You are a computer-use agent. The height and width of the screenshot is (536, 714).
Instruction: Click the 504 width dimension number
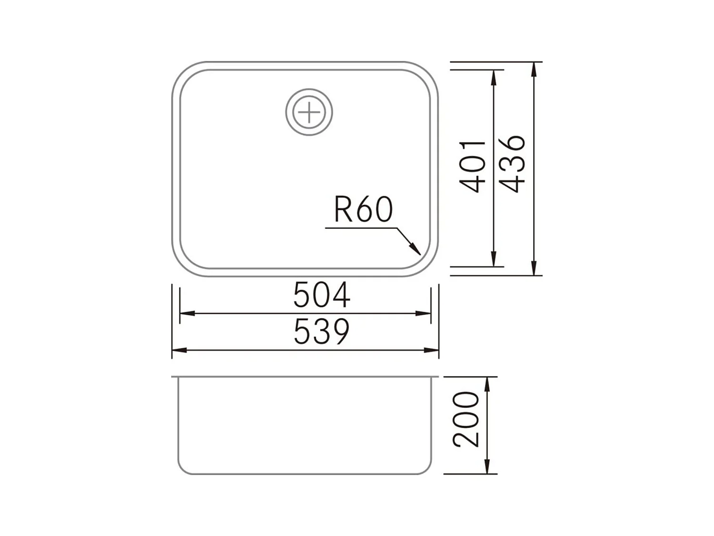click(x=322, y=295)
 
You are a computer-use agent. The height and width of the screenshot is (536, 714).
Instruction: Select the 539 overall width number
click(x=322, y=332)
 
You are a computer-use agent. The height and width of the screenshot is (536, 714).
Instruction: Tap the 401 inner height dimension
click(x=472, y=166)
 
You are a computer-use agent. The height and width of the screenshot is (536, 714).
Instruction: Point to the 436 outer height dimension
click(x=513, y=164)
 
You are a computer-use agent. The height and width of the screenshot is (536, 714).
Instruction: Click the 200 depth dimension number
click(x=466, y=420)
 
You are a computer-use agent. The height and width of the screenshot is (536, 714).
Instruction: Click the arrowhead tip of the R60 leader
click(x=419, y=253)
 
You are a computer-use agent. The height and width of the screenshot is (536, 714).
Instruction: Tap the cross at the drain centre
click(x=309, y=112)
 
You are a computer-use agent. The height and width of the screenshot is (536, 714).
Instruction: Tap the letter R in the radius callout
click(x=343, y=210)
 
